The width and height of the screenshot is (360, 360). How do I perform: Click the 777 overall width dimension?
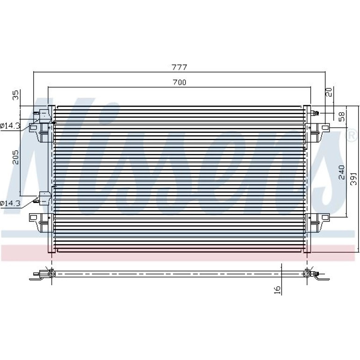(x=180, y=67)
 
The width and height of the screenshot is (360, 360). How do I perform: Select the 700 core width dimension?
(x=180, y=82)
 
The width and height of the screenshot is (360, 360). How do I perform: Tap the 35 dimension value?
(x=15, y=95)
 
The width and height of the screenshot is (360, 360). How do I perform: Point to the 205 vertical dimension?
(x=15, y=157)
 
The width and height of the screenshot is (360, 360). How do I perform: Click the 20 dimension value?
(x=329, y=92)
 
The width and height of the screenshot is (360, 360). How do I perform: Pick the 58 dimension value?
(x=342, y=116)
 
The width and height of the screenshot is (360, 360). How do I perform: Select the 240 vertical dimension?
(x=341, y=172)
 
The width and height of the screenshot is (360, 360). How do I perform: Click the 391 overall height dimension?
(x=353, y=180)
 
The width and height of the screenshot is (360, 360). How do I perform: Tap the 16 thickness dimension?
(x=277, y=290)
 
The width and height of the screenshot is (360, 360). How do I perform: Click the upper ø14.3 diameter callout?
(x=10, y=126)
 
